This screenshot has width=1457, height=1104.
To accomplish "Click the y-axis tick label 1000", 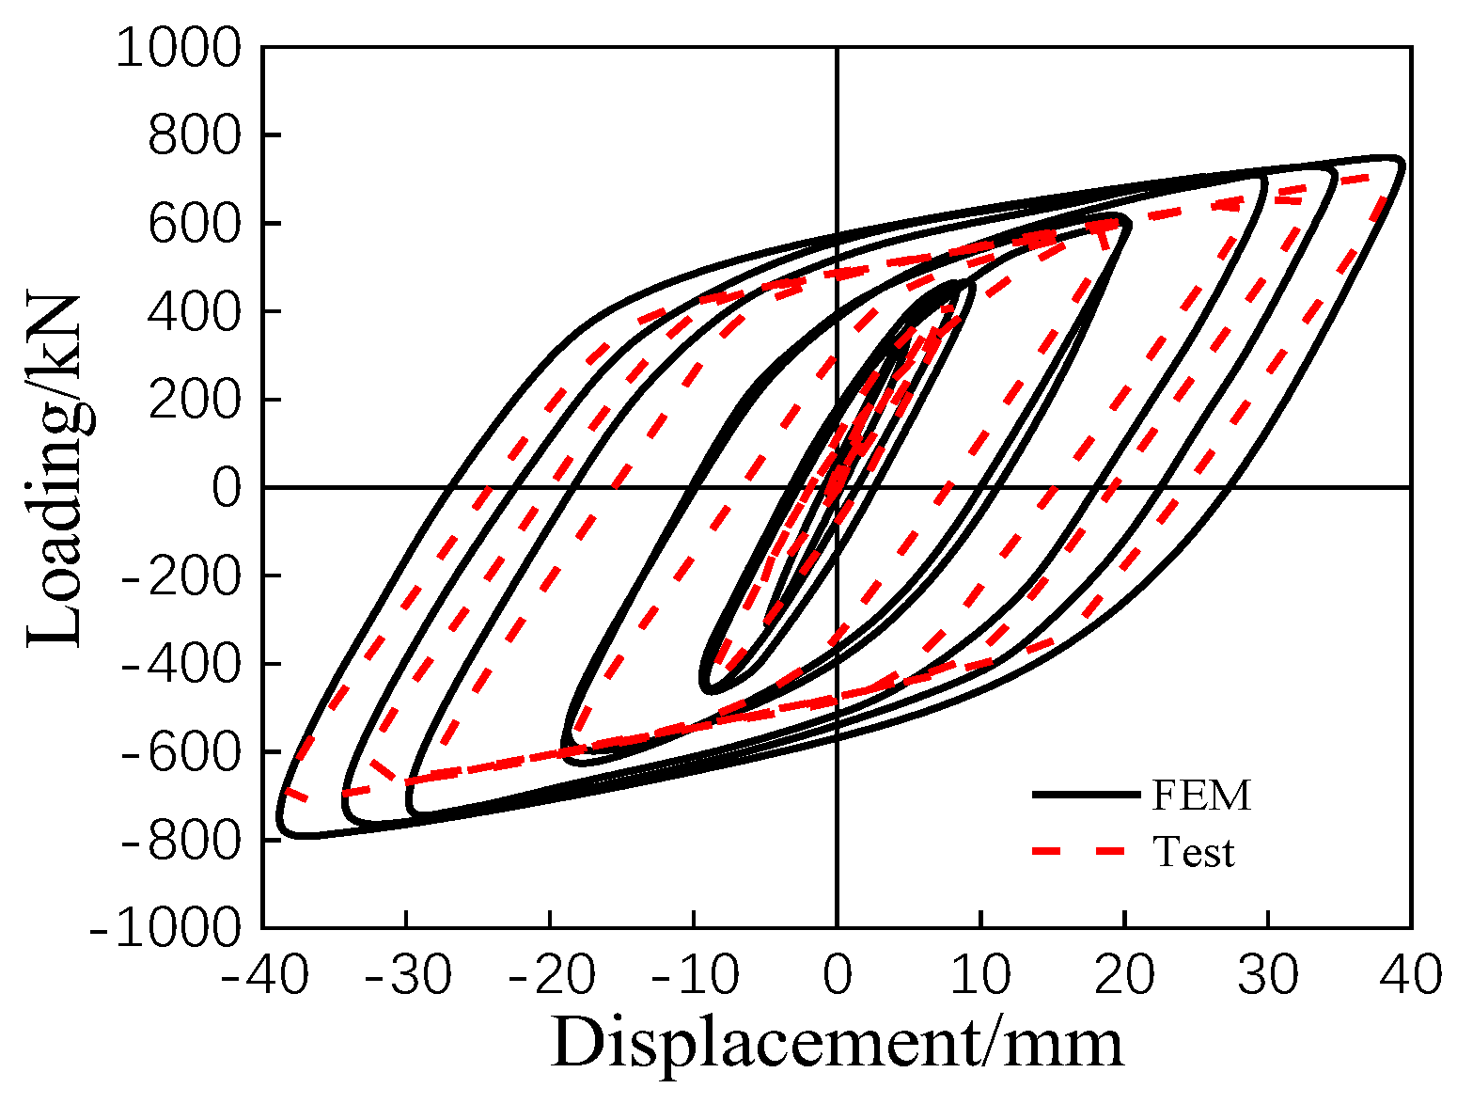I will (179, 48).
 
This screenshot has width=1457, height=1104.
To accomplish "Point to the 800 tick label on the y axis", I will (195, 136).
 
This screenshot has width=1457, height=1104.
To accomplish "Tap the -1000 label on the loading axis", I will (165, 929).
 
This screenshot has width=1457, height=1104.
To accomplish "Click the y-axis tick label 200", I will (195, 401).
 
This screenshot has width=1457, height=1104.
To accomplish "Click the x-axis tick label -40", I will (264, 976).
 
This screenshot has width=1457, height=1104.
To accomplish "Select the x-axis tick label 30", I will (1267, 976).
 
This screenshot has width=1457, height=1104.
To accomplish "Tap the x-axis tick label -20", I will (551, 976).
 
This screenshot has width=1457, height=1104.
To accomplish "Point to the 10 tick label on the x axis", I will (980, 976).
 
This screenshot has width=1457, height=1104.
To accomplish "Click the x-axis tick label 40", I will (1411, 976).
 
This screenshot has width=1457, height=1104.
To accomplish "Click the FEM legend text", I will (1202, 796).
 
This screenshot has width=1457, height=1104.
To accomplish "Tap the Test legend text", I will (1193, 852).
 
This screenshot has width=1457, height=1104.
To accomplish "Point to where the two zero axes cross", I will (837, 487).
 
